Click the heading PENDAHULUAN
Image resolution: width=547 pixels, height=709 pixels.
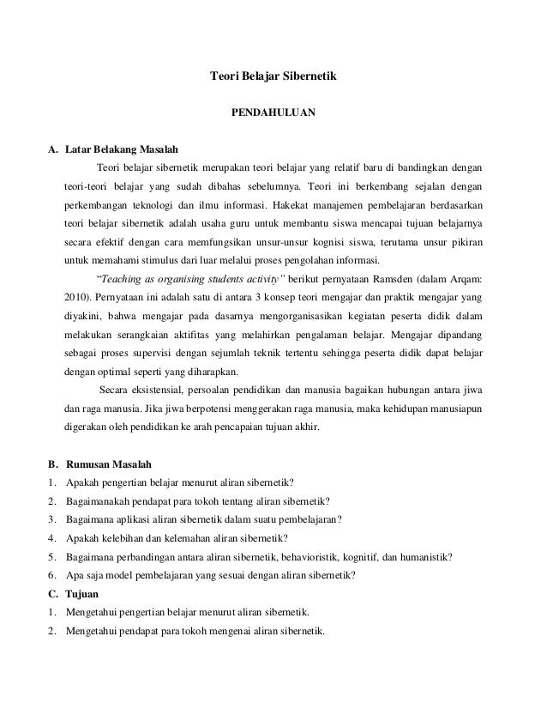(x=274, y=112)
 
